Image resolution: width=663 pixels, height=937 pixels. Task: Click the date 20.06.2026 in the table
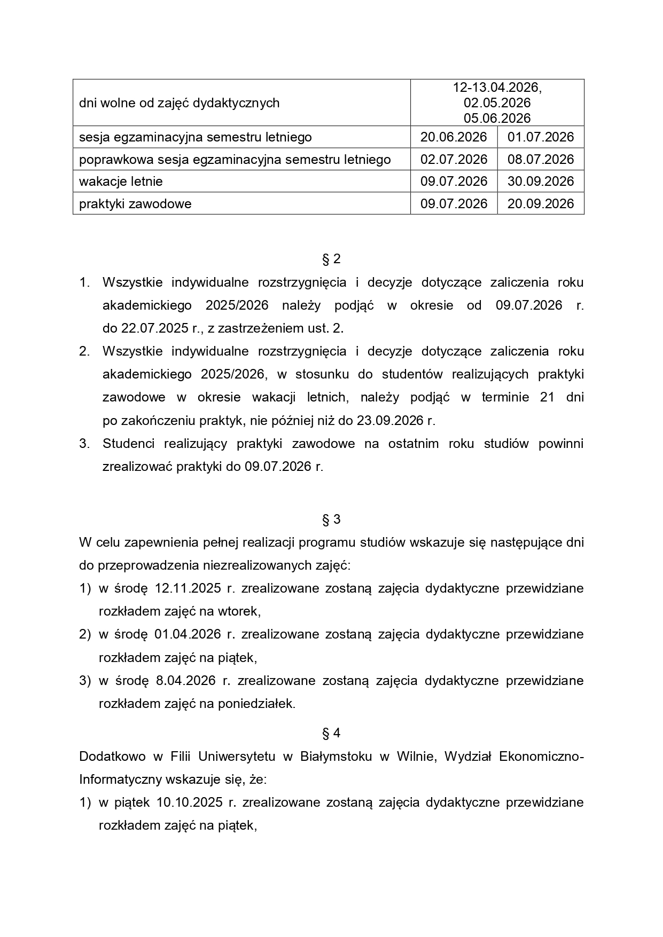point(454,137)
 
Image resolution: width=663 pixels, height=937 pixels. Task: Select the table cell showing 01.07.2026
point(541,137)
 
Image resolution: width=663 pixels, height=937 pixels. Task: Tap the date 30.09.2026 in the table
point(541,182)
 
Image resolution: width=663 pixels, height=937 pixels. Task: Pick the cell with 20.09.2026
point(541,204)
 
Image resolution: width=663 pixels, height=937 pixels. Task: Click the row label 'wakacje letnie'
point(121,182)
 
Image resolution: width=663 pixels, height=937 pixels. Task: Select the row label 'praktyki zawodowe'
point(135,204)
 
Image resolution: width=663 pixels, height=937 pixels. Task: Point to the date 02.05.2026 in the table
point(497,103)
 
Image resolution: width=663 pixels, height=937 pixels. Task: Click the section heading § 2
point(331,259)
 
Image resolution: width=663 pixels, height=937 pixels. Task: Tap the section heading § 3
point(331,519)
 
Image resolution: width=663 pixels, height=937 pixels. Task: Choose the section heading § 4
point(331,734)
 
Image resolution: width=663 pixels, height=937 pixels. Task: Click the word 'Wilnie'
point(415,757)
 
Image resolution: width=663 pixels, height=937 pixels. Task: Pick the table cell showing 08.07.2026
point(541,160)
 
